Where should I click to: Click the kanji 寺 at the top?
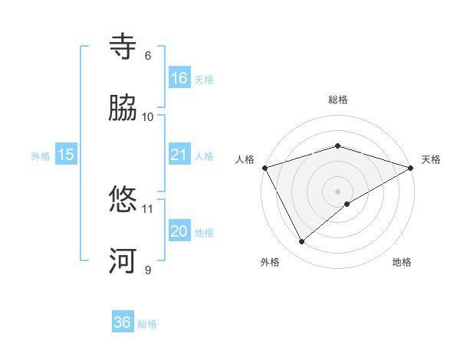pos(124,47)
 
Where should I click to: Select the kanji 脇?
pos(124,108)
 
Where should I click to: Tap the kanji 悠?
pos(124,200)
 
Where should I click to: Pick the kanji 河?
pos(124,261)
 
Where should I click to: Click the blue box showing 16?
pos(179,78)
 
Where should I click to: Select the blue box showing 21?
pos(179,155)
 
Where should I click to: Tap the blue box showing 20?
pos(179,231)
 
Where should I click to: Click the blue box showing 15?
pos(66,155)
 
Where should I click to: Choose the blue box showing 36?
pos(123,322)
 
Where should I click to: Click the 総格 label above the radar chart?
pos(338,100)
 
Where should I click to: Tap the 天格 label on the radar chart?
pos(431,159)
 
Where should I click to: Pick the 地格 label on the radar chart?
pos(402,262)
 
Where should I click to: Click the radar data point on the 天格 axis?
pos(411,168)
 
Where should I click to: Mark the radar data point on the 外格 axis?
pos(302,242)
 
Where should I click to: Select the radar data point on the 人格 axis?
pos(264,168)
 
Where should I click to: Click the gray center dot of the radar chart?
pos(338,191)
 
